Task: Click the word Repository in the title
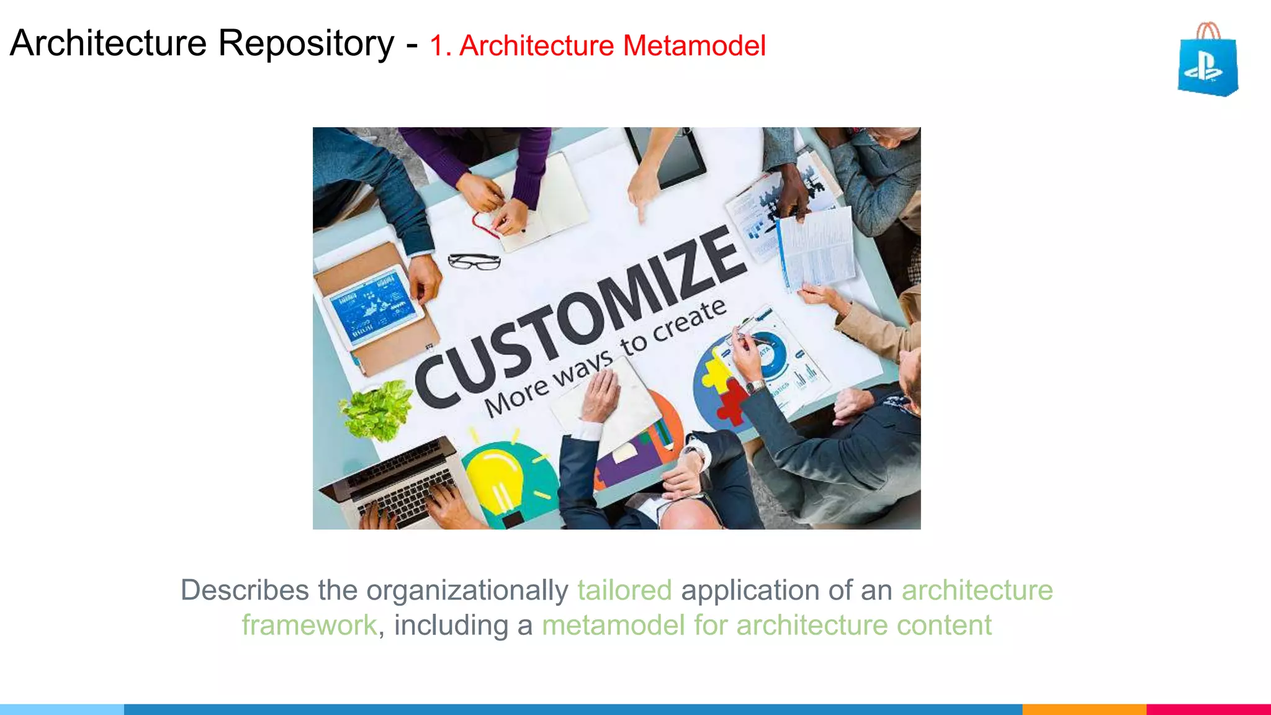(x=306, y=43)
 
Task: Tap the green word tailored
(x=624, y=590)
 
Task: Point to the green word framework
(x=309, y=625)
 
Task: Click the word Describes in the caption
(x=245, y=590)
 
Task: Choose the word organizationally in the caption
(x=467, y=590)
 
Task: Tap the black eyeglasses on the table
(x=474, y=262)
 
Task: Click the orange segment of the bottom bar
(x=1084, y=709)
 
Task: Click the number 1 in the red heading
(x=438, y=46)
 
